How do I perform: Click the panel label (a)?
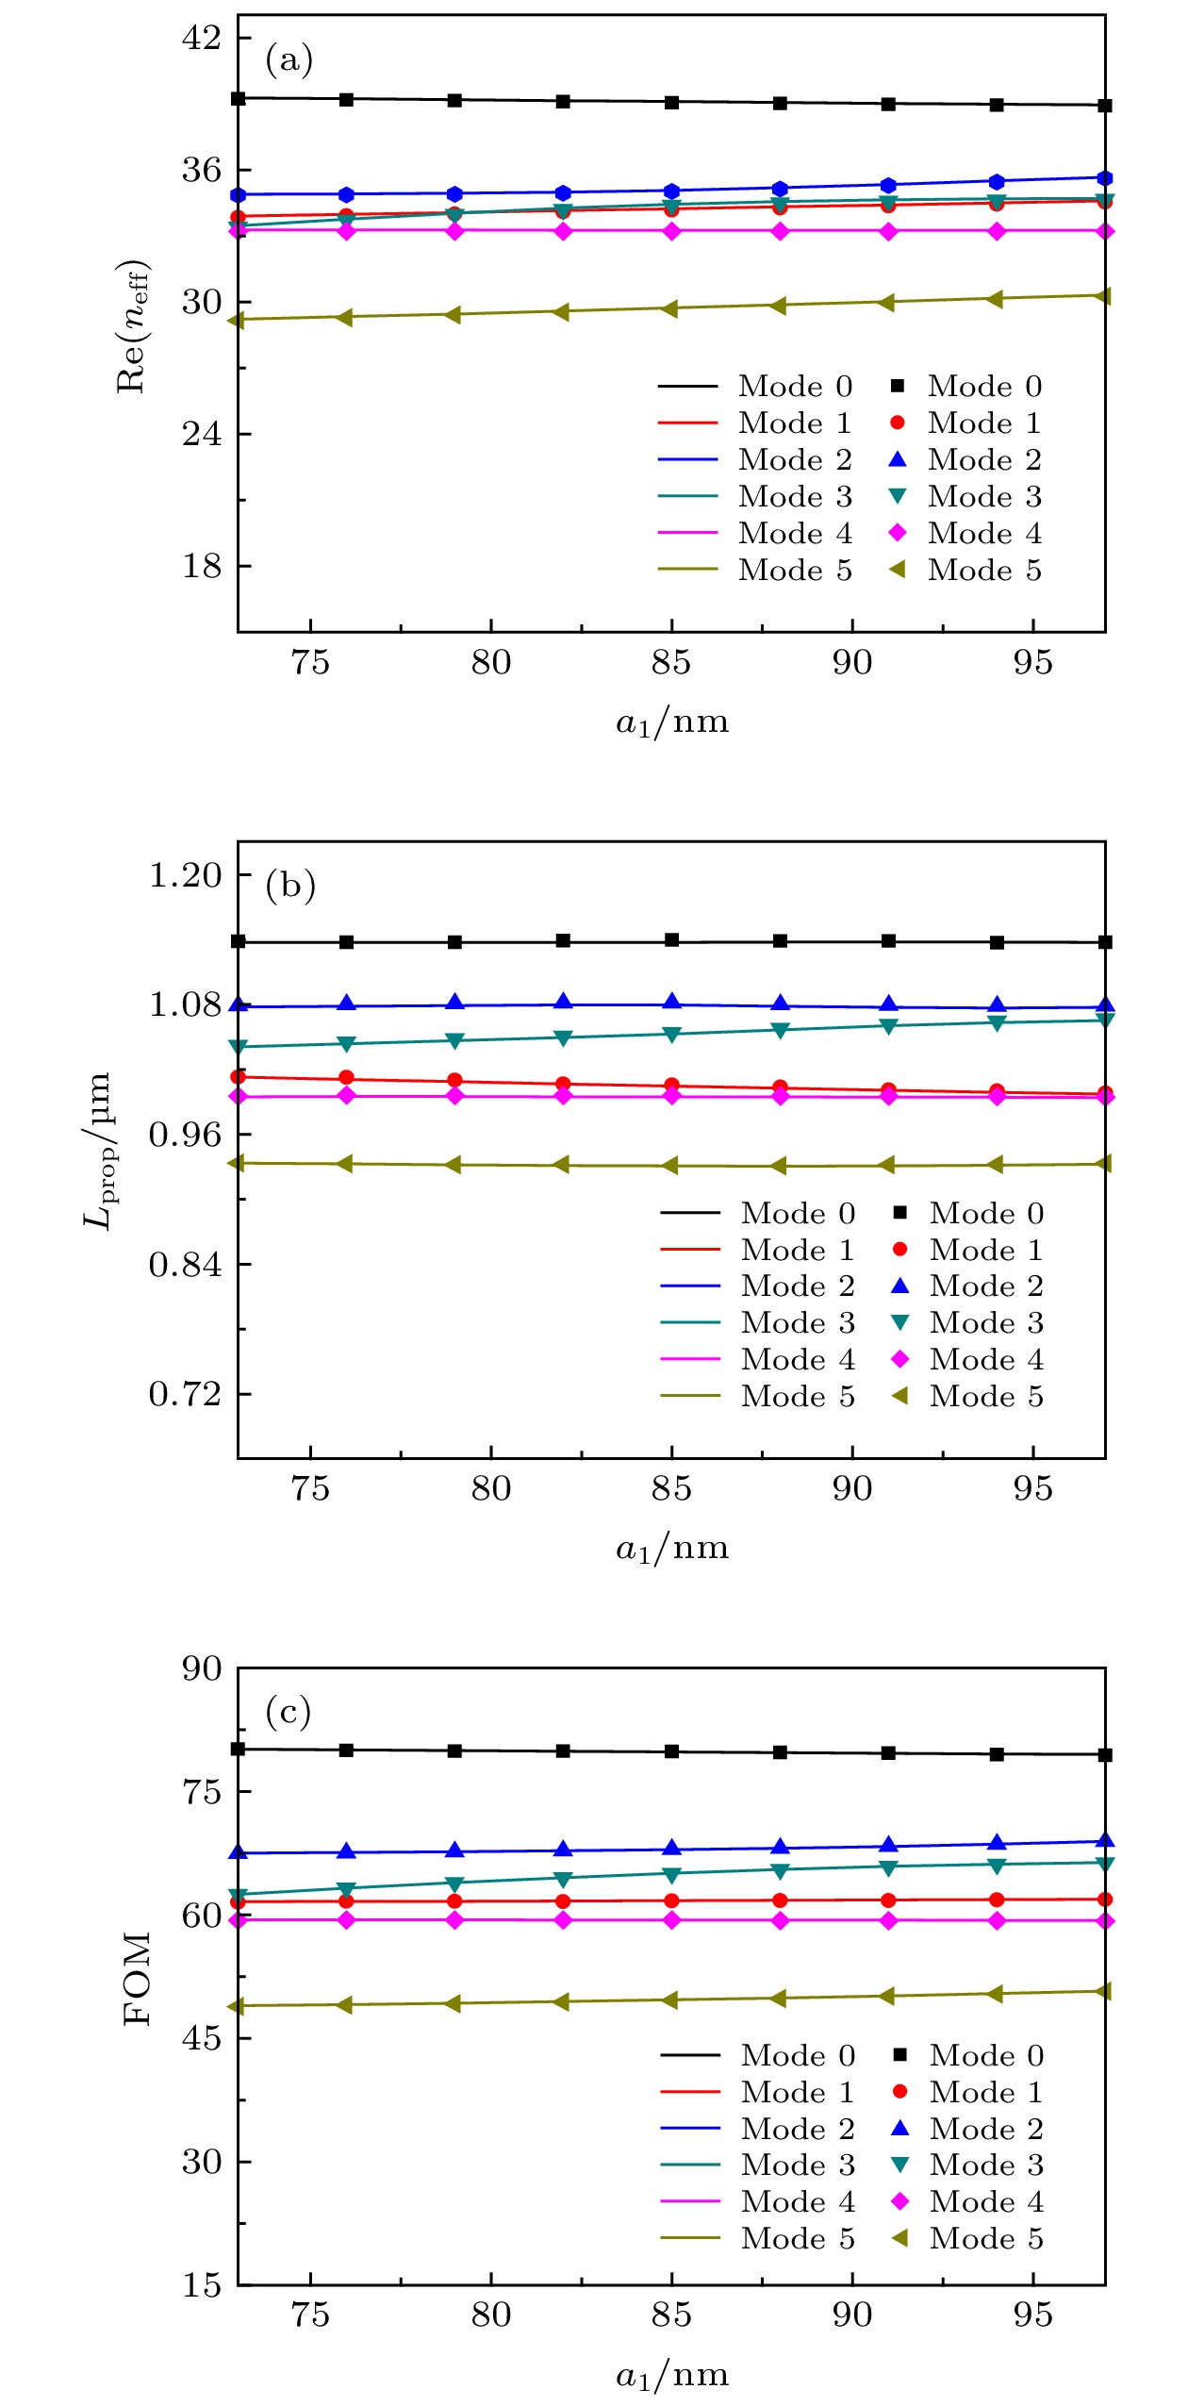coord(289,59)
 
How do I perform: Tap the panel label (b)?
coord(289,885)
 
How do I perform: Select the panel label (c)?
coord(289,1711)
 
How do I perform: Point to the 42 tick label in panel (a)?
coord(202,38)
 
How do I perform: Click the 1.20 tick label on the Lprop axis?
coord(186,874)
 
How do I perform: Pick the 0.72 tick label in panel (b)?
coord(186,1393)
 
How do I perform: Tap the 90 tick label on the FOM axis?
coord(202,1668)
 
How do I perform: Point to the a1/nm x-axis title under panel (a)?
coord(672,722)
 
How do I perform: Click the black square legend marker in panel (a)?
coord(898,386)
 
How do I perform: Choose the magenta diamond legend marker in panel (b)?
coord(899,1359)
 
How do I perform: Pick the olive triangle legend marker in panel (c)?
coord(899,2238)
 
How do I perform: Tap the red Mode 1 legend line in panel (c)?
coord(690,2091)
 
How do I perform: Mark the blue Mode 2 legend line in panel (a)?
coord(688,459)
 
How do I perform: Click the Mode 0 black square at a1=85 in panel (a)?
coord(672,102)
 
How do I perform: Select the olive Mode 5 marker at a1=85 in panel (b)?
coord(670,1166)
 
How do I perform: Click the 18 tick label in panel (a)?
coord(202,566)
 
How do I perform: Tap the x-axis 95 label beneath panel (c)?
coord(1032,2315)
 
